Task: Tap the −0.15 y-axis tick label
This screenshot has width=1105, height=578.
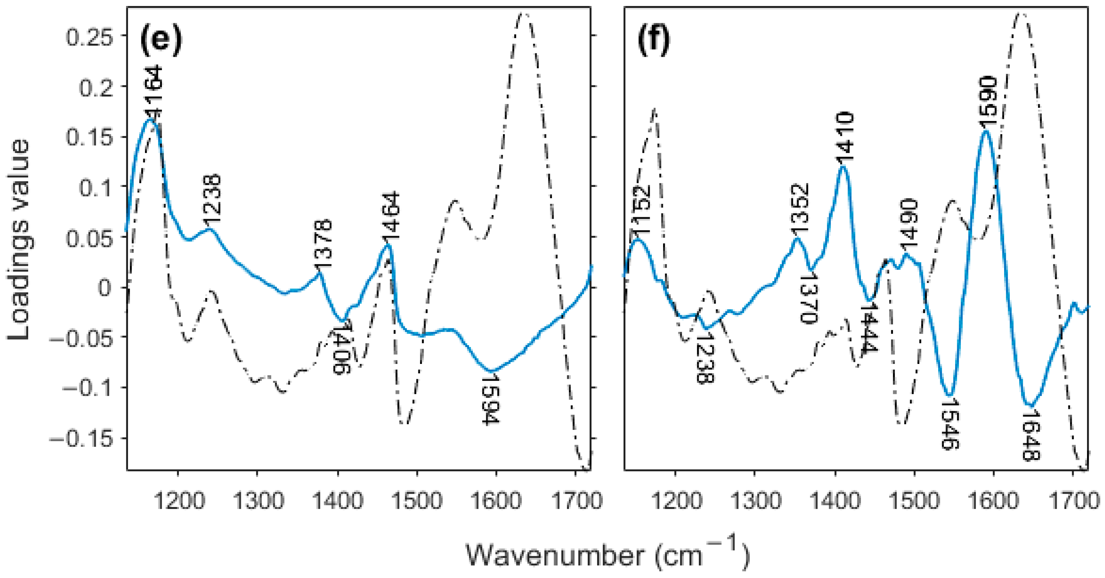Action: [x=81, y=439]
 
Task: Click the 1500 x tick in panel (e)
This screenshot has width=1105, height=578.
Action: [x=417, y=500]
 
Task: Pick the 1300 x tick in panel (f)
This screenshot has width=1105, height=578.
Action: [x=754, y=500]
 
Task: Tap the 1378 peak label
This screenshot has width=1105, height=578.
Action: [x=323, y=244]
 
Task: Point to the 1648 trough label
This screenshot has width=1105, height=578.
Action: [x=1030, y=437]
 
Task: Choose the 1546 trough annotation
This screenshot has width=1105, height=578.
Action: [x=949, y=424]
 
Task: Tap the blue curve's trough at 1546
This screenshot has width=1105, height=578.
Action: [x=950, y=395]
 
